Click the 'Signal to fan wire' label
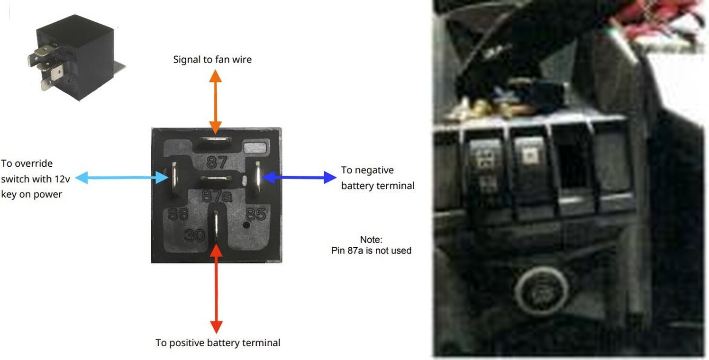pyautogui.click(x=212, y=60)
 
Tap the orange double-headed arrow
pyautogui.click(x=215, y=102)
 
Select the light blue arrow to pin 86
pyautogui.click(x=122, y=178)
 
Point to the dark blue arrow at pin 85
pyautogui.click(x=300, y=177)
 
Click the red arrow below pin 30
pyautogui.click(x=216, y=288)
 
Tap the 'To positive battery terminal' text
pyautogui.click(x=218, y=343)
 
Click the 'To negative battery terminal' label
pyautogui.click(x=378, y=178)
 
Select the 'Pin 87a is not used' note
pyautogui.click(x=371, y=251)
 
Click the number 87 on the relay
pyautogui.click(x=217, y=162)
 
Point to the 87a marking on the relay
pyautogui.click(x=217, y=197)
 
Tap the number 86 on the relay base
pyautogui.click(x=178, y=214)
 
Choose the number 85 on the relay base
pyautogui.click(x=255, y=214)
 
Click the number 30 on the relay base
pyautogui.click(x=194, y=235)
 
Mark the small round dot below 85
pyautogui.click(x=246, y=225)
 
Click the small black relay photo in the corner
pyautogui.click(x=76, y=58)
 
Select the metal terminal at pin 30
pyautogui.click(x=216, y=225)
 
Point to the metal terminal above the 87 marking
pyautogui.click(x=215, y=140)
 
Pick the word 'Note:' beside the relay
pyautogui.click(x=371, y=240)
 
